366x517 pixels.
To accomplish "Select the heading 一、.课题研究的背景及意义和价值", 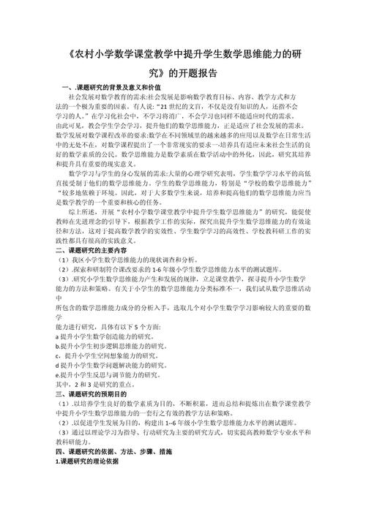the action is [111, 88].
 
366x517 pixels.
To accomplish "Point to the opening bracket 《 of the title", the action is [59, 56].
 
